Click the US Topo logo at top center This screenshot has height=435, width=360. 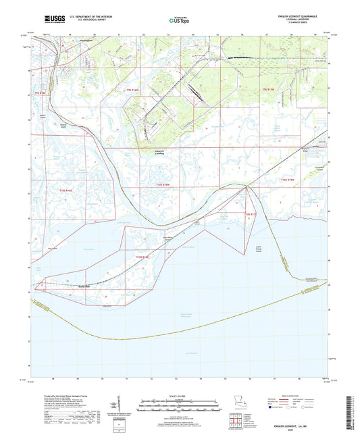[179, 21]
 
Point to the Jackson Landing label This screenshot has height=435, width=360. [159, 152]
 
